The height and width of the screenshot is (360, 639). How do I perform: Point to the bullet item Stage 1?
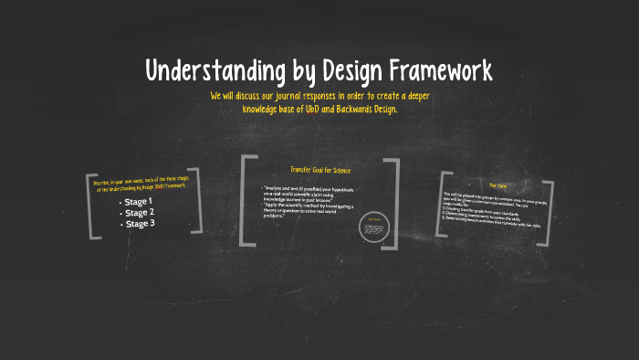click(x=139, y=201)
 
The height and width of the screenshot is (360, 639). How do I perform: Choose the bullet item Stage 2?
click(x=140, y=212)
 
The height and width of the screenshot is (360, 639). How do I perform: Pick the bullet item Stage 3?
click(x=140, y=223)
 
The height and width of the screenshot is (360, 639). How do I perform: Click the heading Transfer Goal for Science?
click(x=319, y=170)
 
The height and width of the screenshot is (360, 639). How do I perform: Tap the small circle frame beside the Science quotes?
click(x=373, y=228)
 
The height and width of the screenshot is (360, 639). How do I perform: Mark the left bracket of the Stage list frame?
click(x=92, y=205)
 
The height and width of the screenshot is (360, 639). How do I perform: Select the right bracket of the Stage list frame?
click(x=195, y=199)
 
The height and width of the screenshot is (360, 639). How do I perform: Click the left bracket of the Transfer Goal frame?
click(x=246, y=201)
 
